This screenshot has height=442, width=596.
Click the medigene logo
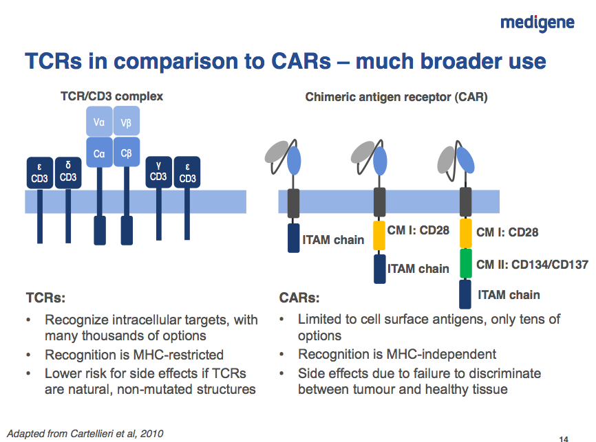pos(537,23)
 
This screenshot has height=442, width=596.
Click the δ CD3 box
pos(68,172)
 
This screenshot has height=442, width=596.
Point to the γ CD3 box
pos(159,172)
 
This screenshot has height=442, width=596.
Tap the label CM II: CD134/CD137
pos(532,265)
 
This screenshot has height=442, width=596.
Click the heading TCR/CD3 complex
pos(112,96)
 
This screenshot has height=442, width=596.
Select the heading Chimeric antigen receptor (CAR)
pos(396,97)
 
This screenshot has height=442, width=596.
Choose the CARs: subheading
pos(299,298)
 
